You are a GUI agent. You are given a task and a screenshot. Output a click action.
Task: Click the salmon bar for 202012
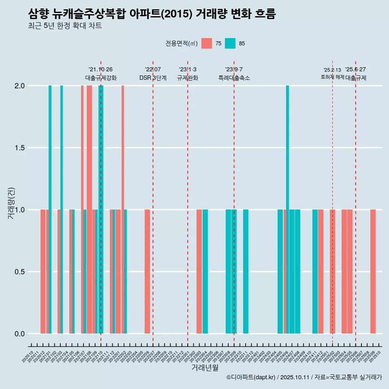click(x=43, y=271)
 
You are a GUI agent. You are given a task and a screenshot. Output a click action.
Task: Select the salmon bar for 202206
click(x=147, y=271)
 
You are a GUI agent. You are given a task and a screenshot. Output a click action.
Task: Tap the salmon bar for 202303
click(x=199, y=271)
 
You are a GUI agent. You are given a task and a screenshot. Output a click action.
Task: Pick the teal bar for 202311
click(x=246, y=271)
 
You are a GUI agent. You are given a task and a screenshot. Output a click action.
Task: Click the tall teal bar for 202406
click(x=287, y=209)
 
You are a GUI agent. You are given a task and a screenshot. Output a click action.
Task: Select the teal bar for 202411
click(x=315, y=271)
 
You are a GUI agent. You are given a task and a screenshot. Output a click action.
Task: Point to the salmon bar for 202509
click(x=373, y=271)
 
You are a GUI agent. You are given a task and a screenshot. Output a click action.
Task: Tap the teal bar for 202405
click(x=280, y=271)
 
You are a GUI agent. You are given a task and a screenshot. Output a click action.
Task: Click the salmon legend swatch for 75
click(x=207, y=43)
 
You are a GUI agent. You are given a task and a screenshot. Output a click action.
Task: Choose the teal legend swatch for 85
click(x=230, y=43)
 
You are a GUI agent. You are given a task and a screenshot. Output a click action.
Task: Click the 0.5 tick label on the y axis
click(x=19, y=272)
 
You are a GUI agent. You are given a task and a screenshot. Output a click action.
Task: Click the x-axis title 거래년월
click(x=205, y=368)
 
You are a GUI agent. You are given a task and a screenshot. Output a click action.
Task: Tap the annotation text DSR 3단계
click(x=153, y=78)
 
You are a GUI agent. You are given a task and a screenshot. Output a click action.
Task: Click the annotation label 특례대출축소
click(x=234, y=78)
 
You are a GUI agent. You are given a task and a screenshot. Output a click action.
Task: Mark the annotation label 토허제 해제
click(x=332, y=77)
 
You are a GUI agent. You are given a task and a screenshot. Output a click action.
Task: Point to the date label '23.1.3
click(x=188, y=69)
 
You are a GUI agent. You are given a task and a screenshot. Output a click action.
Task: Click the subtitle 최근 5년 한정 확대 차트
click(x=65, y=26)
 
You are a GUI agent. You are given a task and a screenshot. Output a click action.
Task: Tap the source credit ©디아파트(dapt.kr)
click(x=251, y=377)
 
